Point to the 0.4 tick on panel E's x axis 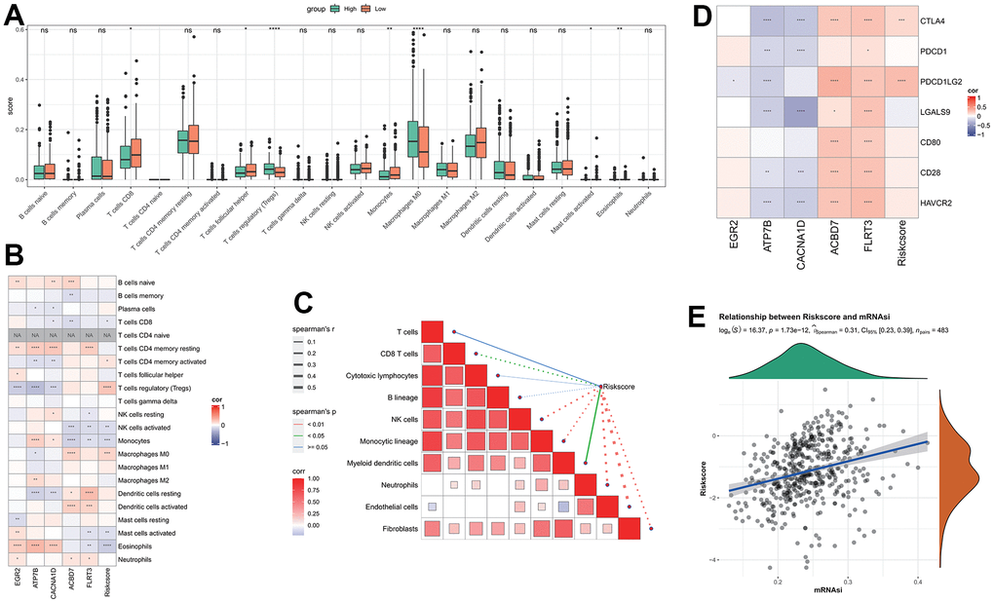(x=916, y=581)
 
